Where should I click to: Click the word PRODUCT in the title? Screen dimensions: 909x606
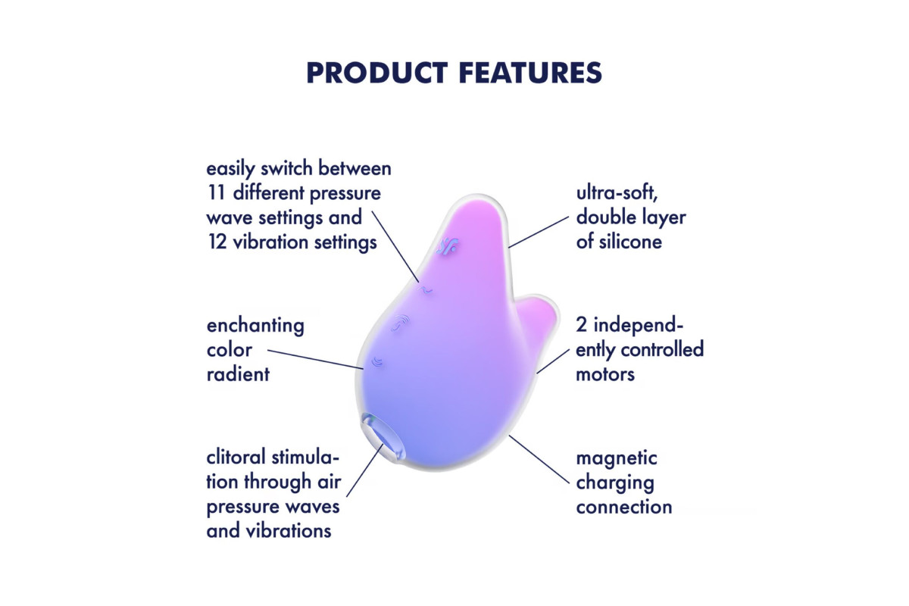coord(377,73)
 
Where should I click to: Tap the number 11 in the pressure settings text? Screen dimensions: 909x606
coord(217,193)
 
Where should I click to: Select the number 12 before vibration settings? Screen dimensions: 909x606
coord(217,242)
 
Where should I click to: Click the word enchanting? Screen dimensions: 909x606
coord(255,326)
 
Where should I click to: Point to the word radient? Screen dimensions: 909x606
coord(238,374)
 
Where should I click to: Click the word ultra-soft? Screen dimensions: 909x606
coord(617,193)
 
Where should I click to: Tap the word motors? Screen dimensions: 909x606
coord(605,375)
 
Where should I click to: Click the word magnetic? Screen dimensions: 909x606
coord(617,458)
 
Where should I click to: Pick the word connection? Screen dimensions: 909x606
coord(624,508)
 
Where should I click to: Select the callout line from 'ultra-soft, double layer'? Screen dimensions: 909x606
coord(539,232)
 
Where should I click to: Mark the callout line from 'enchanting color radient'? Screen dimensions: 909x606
coord(315,359)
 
